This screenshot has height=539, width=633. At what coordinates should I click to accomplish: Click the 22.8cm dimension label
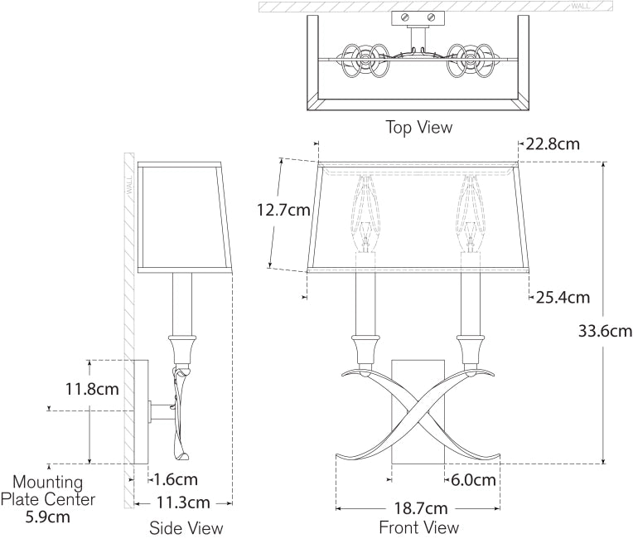(x=553, y=144)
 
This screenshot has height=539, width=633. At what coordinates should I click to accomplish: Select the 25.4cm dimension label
(x=562, y=296)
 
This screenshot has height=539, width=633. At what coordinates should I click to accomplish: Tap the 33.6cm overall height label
(x=605, y=331)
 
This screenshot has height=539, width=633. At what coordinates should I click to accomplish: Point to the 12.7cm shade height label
(x=283, y=210)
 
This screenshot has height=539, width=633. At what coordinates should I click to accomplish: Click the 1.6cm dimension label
(x=176, y=478)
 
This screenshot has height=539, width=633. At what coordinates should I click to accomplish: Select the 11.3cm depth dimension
(x=183, y=503)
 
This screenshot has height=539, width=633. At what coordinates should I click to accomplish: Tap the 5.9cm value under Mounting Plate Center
(x=47, y=517)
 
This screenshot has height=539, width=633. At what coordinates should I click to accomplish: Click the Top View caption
(x=419, y=127)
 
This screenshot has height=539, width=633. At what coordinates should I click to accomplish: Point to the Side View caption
(x=186, y=527)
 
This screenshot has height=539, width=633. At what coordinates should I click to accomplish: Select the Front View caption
(x=418, y=527)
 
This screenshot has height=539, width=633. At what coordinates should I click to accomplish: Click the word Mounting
(x=47, y=482)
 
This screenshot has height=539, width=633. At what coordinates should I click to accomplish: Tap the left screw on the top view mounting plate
(x=406, y=17)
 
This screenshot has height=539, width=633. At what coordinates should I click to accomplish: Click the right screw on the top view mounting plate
(x=431, y=17)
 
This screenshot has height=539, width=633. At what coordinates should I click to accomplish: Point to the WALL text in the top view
(x=581, y=7)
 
